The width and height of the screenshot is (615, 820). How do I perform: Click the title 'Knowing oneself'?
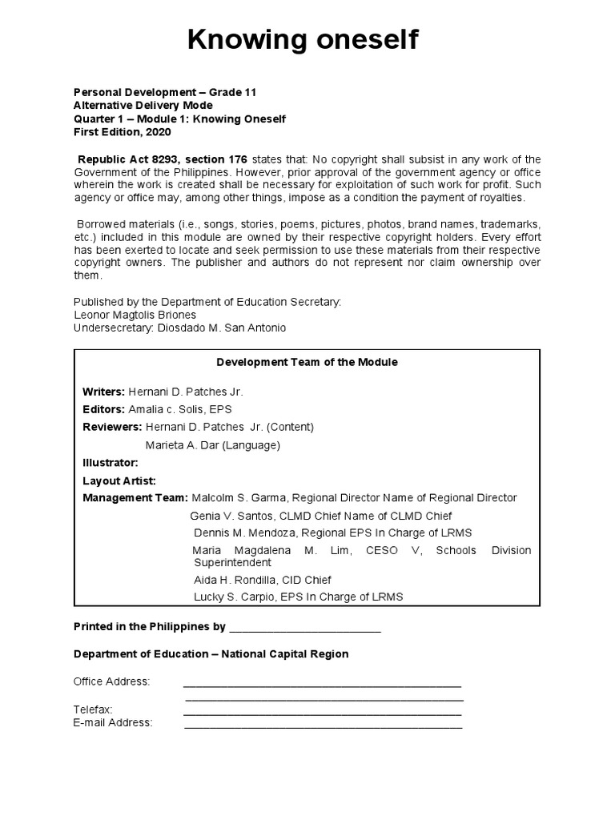[x=303, y=40]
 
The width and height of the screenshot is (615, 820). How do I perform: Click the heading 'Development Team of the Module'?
[x=307, y=362]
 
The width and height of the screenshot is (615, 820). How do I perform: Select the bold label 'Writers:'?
[x=103, y=392]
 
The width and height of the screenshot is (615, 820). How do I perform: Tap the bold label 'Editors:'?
[x=103, y=409]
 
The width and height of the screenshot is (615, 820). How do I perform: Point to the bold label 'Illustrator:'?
[x=111, y=462]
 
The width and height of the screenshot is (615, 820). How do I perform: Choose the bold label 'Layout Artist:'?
[x=119, y=480]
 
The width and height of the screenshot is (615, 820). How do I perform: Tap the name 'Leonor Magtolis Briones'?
[x=135, y=315]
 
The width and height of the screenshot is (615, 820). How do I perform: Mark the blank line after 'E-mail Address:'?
[x=323, y=724]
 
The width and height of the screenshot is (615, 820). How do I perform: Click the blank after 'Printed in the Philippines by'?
[x=305, y=629]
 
